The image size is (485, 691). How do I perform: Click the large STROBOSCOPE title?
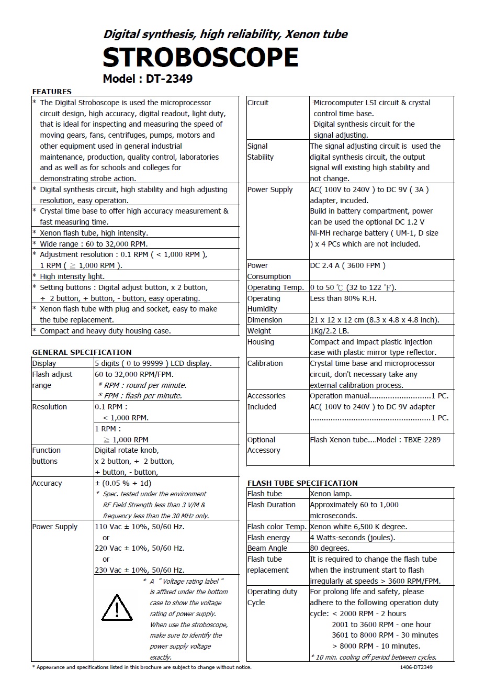click(200, 57)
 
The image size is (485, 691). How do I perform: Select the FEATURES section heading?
click(52, 92)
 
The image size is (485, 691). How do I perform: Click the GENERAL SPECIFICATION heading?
click(82, 352)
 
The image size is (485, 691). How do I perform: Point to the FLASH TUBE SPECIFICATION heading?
click(302, 483)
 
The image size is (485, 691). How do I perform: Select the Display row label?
click(44, 363)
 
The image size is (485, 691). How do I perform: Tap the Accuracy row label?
click(47, 483)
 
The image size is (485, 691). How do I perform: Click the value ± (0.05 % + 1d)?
click(123, 483)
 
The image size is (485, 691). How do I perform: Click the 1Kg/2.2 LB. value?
click(329, 331)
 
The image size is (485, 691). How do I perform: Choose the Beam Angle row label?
click(267, 548)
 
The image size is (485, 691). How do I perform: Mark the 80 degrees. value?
click(329, 548)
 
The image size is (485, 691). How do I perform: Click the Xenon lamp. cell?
click(331, 494)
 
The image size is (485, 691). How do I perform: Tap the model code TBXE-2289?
click(422, 440)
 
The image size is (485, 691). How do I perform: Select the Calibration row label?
click(265, 363)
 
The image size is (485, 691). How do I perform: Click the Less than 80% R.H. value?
click(343, 298)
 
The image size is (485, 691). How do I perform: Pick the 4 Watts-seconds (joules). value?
click(352, 538)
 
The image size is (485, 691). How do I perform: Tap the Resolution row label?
click(49, 407)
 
